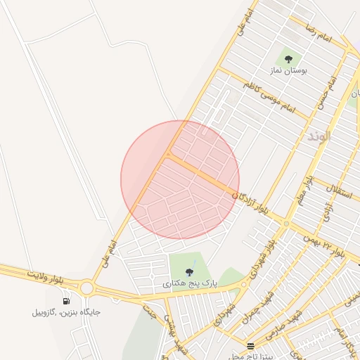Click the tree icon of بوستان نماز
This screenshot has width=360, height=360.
point(288,58)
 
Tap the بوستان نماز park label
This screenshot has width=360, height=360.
point(288,71)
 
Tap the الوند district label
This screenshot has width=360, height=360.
point(319,136)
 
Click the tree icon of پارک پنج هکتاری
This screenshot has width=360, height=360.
point(188,271)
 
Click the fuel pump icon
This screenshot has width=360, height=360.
point(66,301)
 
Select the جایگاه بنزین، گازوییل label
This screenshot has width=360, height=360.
point(66,312)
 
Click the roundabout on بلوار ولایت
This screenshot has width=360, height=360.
point(87,287)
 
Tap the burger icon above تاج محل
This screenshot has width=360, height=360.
point(251,346)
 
